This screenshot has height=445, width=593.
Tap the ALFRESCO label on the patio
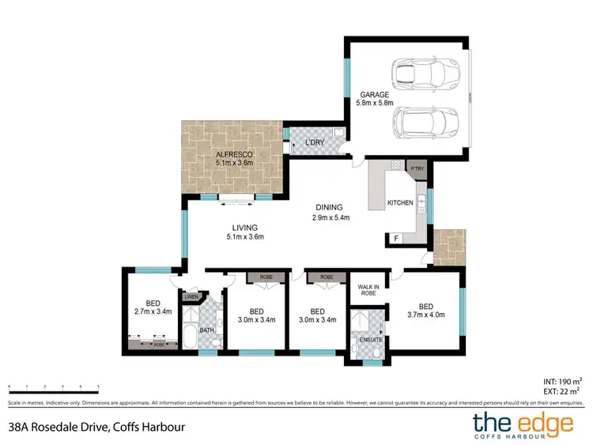click(x=234, y=155)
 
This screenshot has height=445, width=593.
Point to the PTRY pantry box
click(x=416, y=168)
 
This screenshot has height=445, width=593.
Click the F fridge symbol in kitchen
click(x=395, y=238)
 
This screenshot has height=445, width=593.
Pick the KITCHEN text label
click(x=400, y=203)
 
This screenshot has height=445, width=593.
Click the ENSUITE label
click(x=370, y=340)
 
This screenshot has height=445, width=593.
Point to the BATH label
click(x=206, y=330)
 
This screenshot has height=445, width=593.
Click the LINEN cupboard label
click(x=191, y=297)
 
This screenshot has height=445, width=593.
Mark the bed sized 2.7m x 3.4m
click(x=149, y=306)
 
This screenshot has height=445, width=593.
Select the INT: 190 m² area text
click(x=562, y=379)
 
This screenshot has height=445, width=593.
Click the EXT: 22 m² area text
click(x=564, y=390)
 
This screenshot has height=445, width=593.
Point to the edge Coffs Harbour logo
click(x=523, y=424)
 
